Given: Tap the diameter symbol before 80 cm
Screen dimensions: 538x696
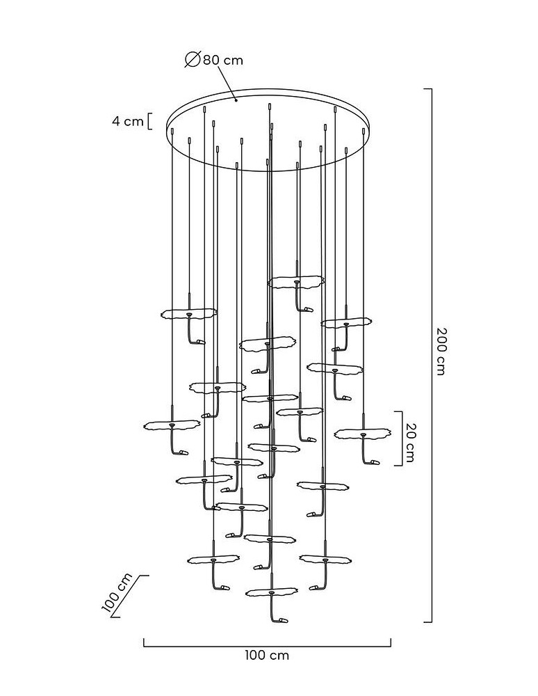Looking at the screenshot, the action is (x=193, y=59).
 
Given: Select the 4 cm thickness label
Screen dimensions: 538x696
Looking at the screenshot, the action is (x=128, y=121).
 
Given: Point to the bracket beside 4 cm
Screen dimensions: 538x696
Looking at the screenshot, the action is (x=149, y=121).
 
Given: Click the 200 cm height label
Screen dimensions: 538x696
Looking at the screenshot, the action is (x=441, y=351).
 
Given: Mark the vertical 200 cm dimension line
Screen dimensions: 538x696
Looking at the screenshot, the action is (x=431, y=355).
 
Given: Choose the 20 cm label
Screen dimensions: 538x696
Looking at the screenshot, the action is (x=410, y=442).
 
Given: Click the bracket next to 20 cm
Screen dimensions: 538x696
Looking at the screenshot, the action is (x=400, y=438).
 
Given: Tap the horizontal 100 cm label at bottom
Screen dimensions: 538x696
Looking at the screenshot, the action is (x=267, y=655).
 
